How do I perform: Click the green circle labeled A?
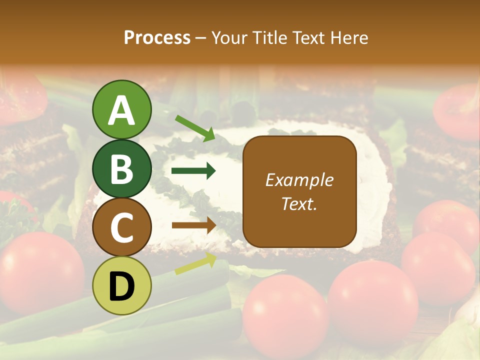pos(121,110)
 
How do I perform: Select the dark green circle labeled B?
pos(121,169)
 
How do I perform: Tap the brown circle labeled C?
pos(121,227)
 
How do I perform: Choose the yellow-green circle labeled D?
pos(121,286)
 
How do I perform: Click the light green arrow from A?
pos(195,127)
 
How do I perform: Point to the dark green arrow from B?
pos(193,171)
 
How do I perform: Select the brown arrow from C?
pos(193,225)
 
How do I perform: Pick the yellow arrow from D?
pos(195,263)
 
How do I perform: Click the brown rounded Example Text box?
pos(299,191)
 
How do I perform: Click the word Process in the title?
pos(157,38)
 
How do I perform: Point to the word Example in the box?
pos(299,180)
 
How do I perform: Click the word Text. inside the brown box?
pos(299,204)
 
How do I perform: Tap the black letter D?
pos(121,286)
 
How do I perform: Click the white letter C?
pos(121,228)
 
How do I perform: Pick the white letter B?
pos(121,169)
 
